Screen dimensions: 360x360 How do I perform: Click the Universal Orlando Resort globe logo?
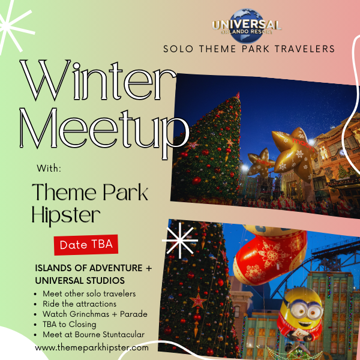[x=247, y=26]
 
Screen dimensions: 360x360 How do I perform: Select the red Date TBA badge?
[x=86, y=245]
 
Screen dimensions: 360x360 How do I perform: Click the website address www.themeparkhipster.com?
[x=92, y=347]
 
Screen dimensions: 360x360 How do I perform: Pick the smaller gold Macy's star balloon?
[x=261, y=163]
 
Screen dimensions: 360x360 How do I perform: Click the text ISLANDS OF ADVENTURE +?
[x=94, y=268]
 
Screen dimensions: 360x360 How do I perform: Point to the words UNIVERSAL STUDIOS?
[x=80, y=281]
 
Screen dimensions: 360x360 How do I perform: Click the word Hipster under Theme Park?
[x=66, y=216]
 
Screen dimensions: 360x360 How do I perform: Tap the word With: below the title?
[x=49, y=168]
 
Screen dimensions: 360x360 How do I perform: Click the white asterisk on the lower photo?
[x=180, y=241]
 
